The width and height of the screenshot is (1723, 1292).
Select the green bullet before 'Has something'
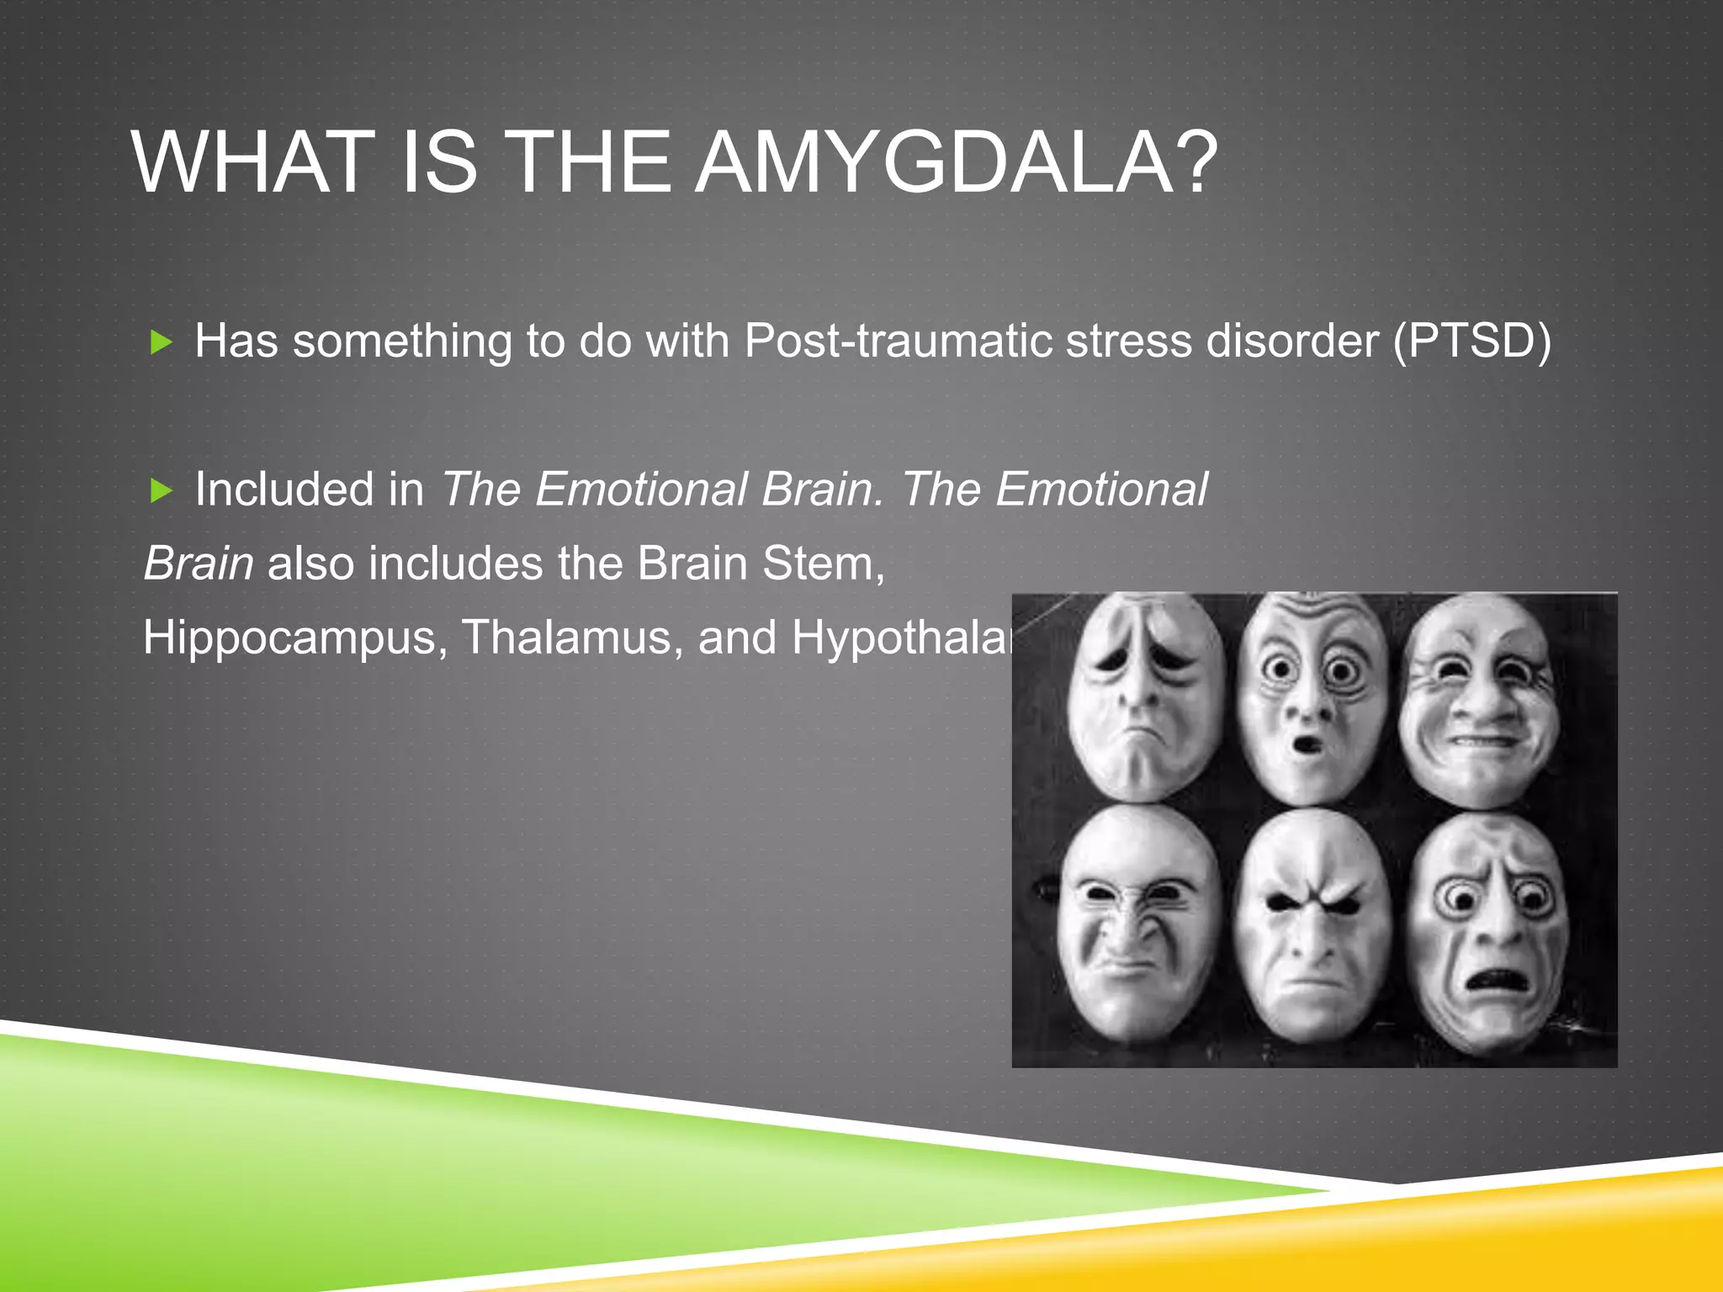161,342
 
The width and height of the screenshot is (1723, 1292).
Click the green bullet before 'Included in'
161,490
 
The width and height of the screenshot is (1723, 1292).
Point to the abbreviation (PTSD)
1471,341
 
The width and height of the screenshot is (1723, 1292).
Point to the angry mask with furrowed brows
1312,925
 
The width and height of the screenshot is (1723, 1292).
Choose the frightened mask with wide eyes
1489,929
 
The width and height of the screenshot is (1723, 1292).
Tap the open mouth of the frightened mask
1494,981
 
